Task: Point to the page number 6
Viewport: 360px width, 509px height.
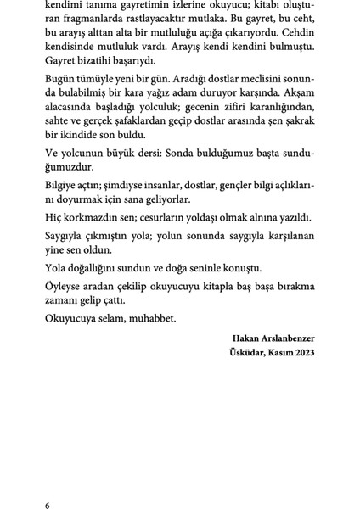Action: (x=48, y=506)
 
